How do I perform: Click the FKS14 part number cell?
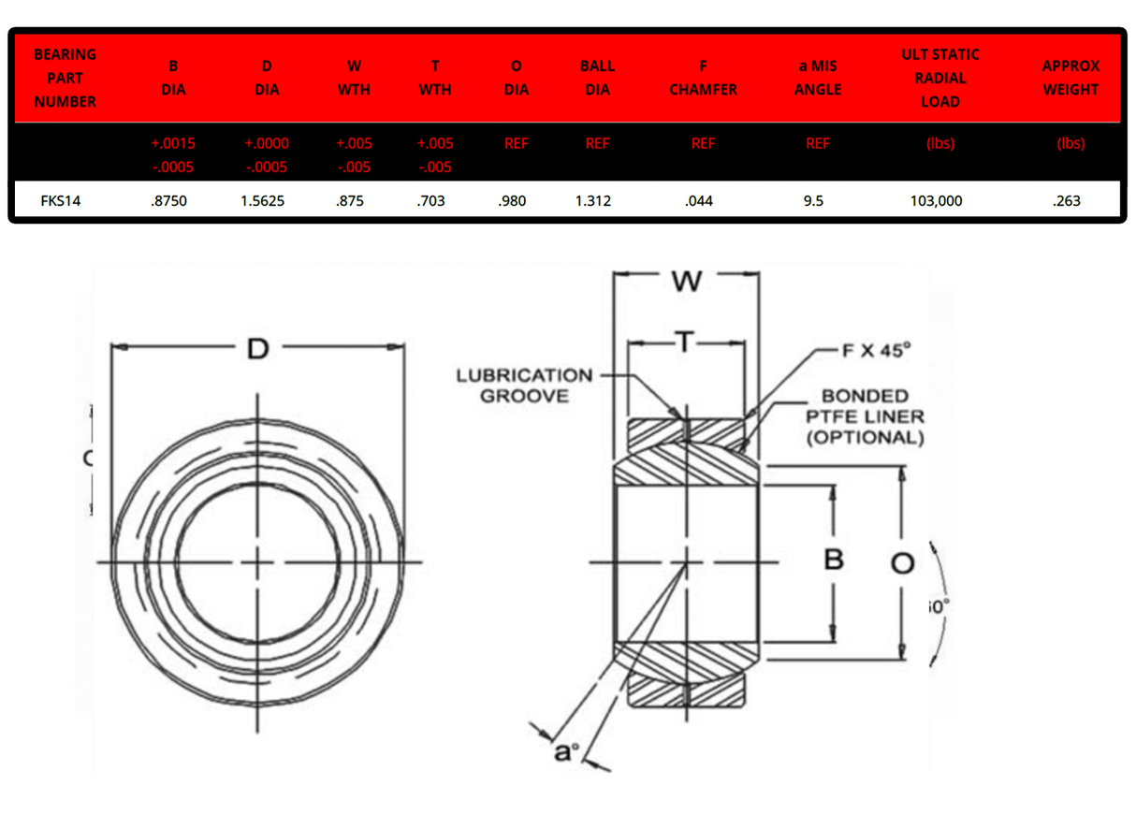coord(60,200)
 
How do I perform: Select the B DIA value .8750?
coord(169,200)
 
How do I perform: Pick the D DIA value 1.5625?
coord(266,200)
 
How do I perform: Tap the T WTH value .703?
coord(433,200)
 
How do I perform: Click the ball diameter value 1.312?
coord(593,200)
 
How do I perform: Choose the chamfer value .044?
coord(699,200)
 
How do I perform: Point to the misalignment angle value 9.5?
coord(813,200)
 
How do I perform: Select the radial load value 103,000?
coord(936,200)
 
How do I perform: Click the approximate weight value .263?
coord(1067,200)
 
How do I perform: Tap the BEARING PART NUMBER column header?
coord(65,78)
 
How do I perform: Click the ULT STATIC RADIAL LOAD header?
coord(940,78)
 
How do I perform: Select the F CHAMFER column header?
coord(703,78)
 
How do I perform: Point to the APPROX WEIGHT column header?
coord(1070,78)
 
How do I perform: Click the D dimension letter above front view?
coord(257,349)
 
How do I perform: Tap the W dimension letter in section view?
coord(686,280)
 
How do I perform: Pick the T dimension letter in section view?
coord(686,343)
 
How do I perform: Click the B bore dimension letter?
coord(833,560)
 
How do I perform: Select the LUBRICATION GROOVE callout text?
coord(524,386)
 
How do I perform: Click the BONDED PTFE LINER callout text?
coord(865,416)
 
